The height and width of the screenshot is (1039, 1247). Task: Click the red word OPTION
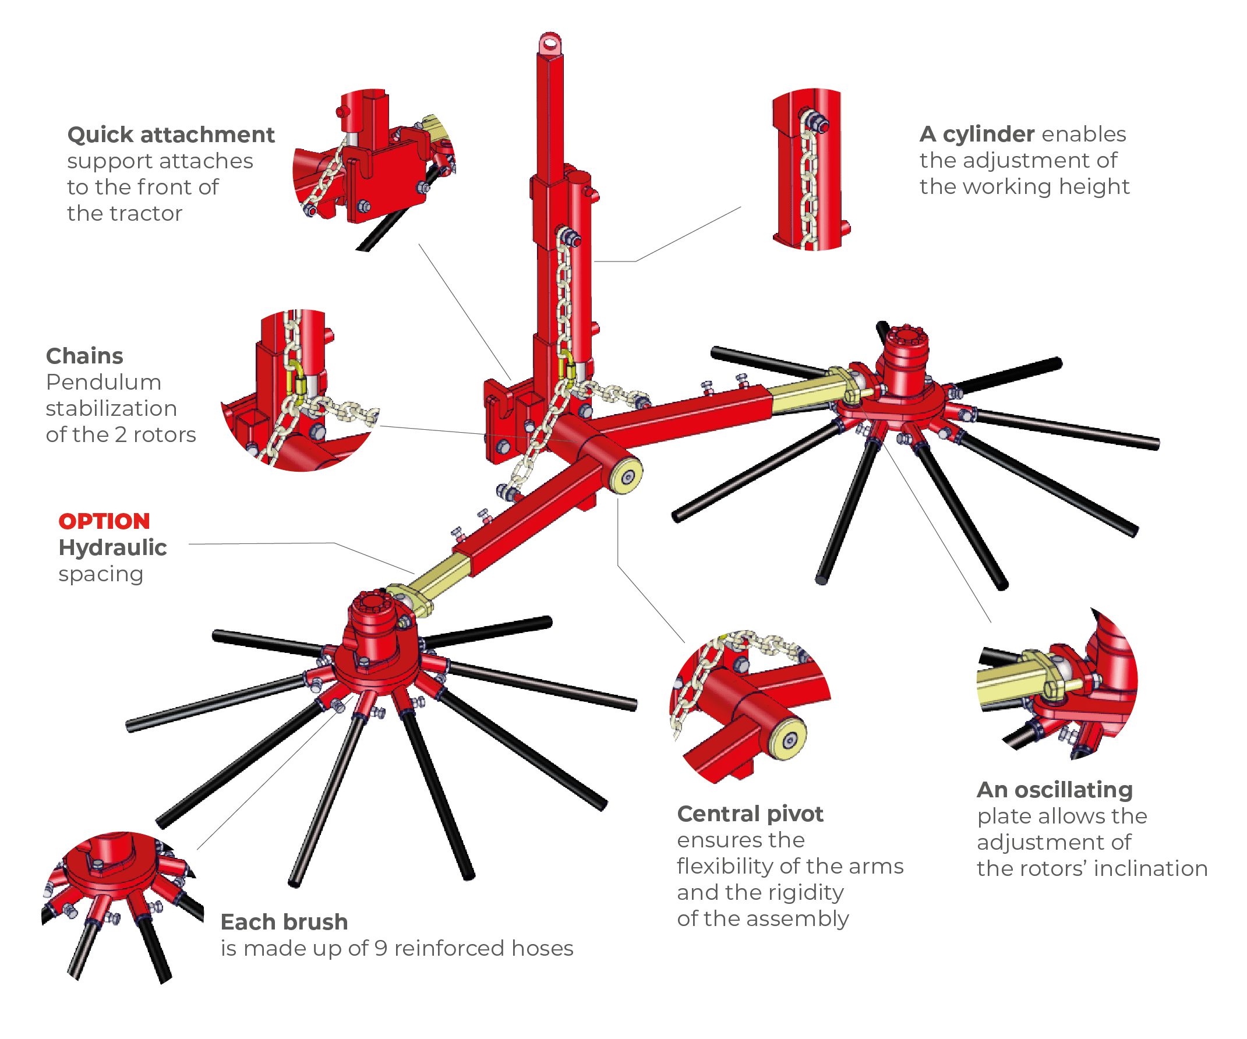tap(104, 521)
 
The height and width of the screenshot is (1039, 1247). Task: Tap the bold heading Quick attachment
tap(171, 135)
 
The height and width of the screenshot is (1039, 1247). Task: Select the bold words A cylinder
tap(976, 134)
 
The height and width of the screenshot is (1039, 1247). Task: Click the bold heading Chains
tap(84, 356)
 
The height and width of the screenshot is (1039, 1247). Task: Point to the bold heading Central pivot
tap(750, 814)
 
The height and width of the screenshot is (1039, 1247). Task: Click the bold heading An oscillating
tap(1055, 790)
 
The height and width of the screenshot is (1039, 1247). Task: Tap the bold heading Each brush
tap(284, 922)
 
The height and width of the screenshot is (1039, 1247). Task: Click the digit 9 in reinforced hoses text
tap(381, 949)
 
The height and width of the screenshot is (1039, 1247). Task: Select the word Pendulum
tap(103, 383)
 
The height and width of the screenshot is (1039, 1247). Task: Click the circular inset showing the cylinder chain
tap(811, 169)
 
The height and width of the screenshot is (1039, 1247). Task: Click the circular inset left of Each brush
tap(122, 903)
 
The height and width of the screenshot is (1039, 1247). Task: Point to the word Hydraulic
tap(112, 547)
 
